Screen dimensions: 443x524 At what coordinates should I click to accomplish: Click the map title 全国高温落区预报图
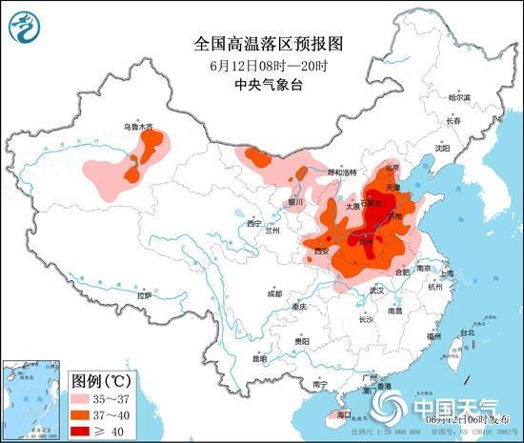pos(261,44)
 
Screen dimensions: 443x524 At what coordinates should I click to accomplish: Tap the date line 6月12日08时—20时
pos(261,65)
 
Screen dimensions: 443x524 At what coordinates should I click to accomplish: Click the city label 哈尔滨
pos(459,97)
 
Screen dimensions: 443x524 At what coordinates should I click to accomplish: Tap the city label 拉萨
pos(144,296)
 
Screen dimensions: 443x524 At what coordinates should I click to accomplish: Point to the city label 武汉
pos(377,289)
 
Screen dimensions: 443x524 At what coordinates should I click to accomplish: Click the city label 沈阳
pos(441,148)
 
